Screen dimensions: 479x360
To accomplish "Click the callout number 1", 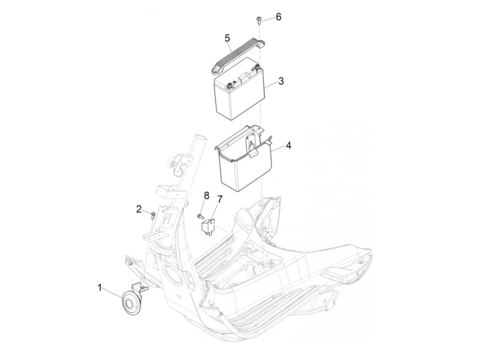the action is [x=100, y=288].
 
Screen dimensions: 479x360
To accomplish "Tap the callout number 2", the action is [x=139, y=209].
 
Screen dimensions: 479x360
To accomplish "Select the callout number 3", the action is [x=281, y=81].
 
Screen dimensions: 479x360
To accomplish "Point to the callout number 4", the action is [x=288, y=145].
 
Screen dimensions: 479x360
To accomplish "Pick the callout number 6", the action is [x=279, y=17].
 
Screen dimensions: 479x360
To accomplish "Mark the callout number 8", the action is [x=206, y=195].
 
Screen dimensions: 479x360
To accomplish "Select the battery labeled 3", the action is [x=239, y=88].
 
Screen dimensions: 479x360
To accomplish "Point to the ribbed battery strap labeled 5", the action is [x=238, y=56].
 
